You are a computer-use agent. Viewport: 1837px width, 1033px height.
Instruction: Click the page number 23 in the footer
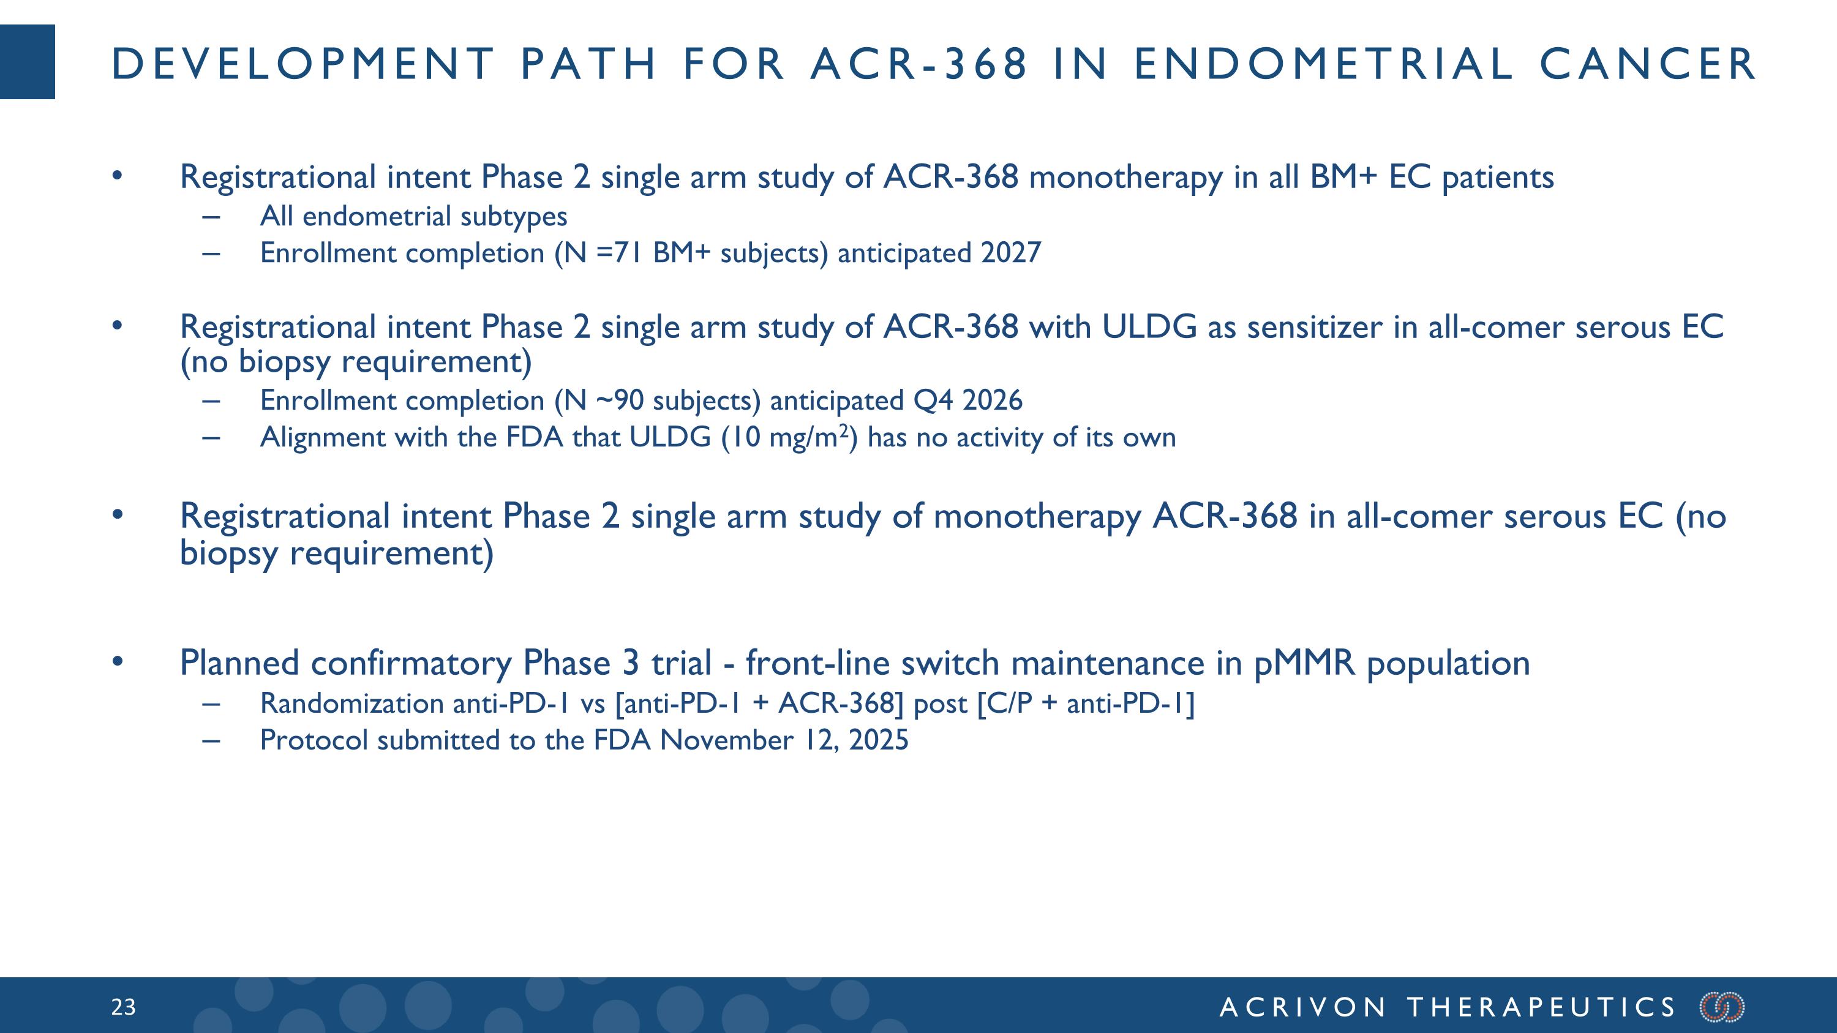tap(122, 1007)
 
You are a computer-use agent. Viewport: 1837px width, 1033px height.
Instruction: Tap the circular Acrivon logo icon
tap(1722, 1007)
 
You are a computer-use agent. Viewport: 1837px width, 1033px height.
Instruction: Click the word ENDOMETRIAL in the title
tap(1323, 64)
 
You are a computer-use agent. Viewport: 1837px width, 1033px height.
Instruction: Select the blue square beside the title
tap(27, 62)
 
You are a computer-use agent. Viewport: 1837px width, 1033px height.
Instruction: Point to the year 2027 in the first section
tap(1010, 253)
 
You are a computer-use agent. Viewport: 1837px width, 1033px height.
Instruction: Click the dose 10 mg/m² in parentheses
tap(792, 437)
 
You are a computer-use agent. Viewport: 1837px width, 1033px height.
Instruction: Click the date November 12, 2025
tap(784, 740)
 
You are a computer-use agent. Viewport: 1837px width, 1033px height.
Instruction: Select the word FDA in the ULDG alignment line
tap(535, 437)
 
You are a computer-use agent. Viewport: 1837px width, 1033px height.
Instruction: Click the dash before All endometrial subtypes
tap(211, 216)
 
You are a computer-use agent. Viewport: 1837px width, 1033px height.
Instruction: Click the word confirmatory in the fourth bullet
tap(411, 663)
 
